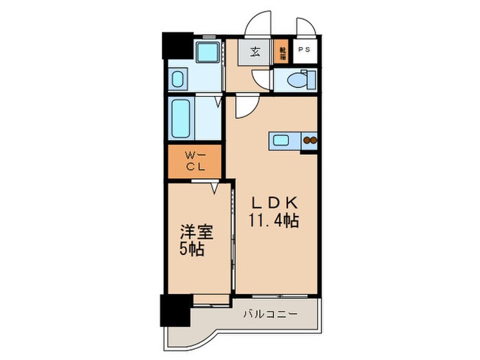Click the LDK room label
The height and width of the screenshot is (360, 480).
tap(273, 204)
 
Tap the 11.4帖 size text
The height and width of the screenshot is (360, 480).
tap(273, 221)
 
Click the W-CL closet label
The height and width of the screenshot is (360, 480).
tap(195, 161)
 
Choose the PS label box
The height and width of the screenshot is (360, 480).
tap(302, 51)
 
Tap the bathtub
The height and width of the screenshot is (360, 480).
tap(181, 118)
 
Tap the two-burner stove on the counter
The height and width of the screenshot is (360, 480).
tap(310, 141)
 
